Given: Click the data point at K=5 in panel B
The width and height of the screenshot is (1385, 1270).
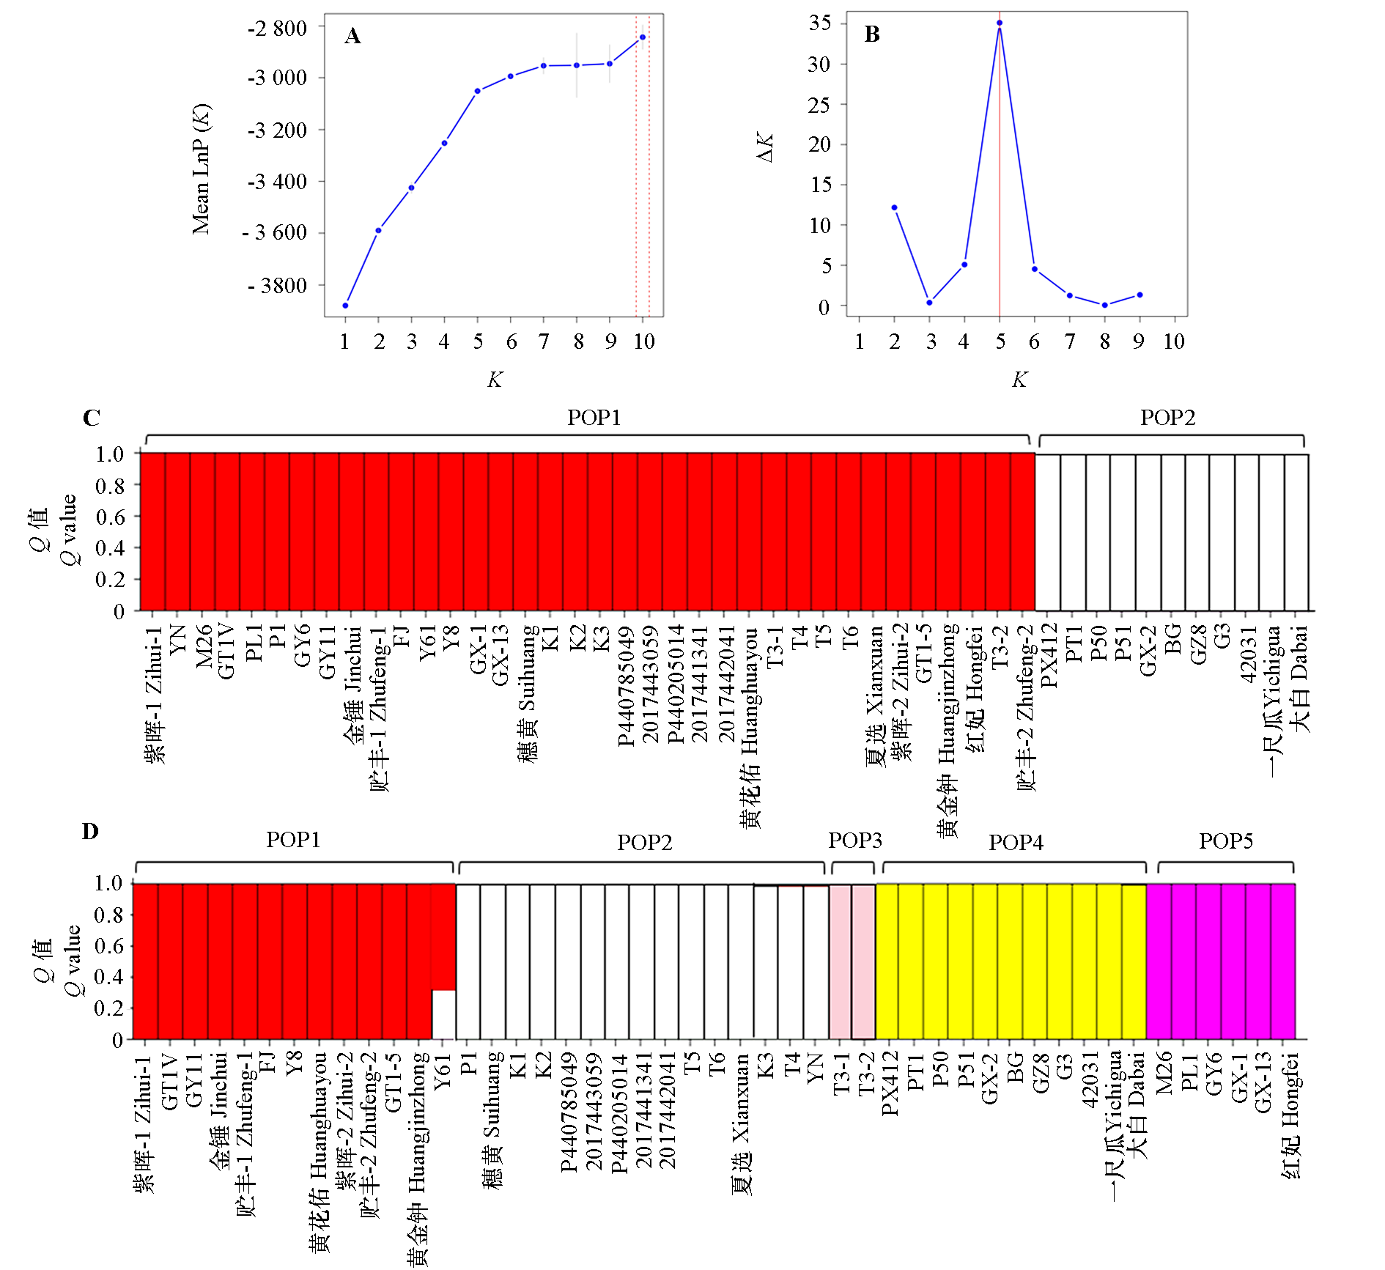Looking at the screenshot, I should tap(999, 23).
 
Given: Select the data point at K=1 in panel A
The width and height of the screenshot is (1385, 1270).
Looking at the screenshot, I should tap(345, 305).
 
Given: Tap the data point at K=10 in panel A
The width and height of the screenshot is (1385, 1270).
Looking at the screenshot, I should tap(643, 37).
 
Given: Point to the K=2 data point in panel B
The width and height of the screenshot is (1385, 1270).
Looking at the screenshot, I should tap(894, 207).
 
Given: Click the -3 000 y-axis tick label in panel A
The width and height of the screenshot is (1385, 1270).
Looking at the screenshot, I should tap(277, 78).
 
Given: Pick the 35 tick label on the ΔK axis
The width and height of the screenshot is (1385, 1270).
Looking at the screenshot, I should tap(820, 23).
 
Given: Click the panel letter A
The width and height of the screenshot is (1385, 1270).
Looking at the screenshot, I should tap(352, 36).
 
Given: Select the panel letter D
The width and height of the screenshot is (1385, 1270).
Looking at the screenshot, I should tap(89, 831).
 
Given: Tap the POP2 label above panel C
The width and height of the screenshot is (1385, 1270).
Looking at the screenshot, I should tap(1167, 418).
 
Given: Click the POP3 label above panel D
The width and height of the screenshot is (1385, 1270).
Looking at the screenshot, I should tap(854, 841).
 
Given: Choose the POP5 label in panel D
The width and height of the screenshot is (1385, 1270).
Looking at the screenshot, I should tap(1225, 841).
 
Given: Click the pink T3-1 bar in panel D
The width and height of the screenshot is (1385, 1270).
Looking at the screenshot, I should tap(841, 961).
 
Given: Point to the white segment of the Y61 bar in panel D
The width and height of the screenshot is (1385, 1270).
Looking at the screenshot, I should tap(443, 1014).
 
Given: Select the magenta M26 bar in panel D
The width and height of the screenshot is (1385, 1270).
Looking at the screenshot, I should tap(1159, 961).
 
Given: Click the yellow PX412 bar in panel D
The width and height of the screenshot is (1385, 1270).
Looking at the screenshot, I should tap(887, 961).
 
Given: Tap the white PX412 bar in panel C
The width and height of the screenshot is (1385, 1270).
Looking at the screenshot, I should tap(1048, 532).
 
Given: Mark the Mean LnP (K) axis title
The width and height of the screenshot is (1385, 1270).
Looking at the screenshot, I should tap(201, 169).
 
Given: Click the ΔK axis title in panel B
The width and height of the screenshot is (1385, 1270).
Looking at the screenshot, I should tap(764, 147).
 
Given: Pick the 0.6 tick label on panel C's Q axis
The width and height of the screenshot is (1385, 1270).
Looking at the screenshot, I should tap(109, 517).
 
